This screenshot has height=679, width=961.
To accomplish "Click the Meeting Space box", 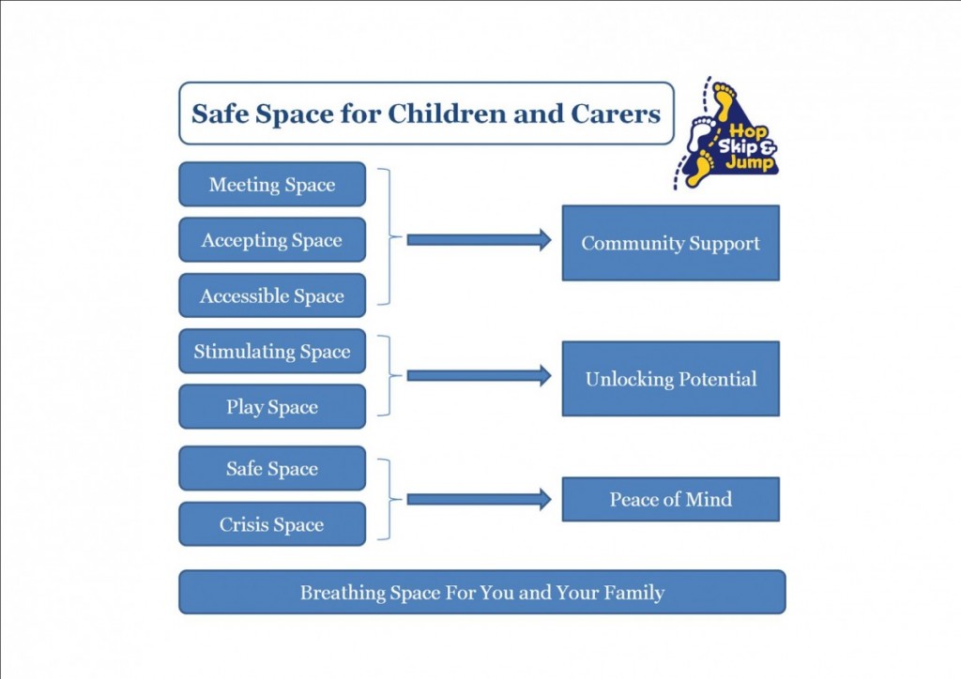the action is tap(272, 185).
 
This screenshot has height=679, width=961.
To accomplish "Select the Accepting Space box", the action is tap(272, 240).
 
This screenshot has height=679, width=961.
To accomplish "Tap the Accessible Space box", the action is tap(272, 295).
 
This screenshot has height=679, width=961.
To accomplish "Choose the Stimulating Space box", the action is tap(272, 352).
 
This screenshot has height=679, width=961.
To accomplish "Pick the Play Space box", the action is tap(272, 406).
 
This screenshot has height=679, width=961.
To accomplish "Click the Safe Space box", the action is tap(272, 468).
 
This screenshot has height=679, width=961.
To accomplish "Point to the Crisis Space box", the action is tap(272, 524).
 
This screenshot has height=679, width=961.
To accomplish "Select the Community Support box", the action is tap(670, 243).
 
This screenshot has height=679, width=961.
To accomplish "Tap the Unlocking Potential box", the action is tap(670, 379).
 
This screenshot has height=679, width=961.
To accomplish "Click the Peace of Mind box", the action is tap(670, 500).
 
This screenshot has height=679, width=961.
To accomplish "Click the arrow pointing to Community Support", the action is tap(480, 240).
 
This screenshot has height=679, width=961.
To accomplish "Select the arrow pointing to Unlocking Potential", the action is tap(480, 376).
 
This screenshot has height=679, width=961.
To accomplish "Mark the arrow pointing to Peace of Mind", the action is tap(480, 500).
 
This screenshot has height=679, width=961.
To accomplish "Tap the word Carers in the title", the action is tap(616, 113).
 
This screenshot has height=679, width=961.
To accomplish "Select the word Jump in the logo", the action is tap(750, 163).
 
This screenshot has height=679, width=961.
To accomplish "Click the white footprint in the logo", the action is tap(700, 133).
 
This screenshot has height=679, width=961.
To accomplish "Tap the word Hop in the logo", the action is tap(748, 131).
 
